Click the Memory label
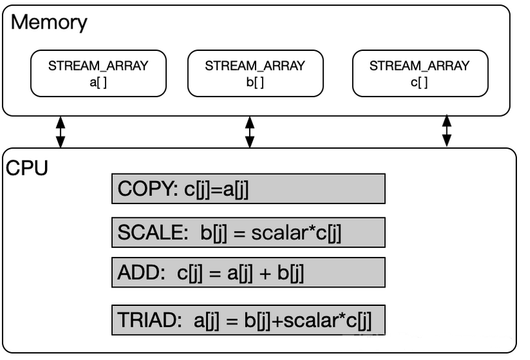50,22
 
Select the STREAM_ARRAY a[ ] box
98,73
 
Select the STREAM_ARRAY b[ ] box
255,73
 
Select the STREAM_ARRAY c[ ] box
419,73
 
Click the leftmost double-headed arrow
61,132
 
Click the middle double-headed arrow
250,132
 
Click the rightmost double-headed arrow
447,130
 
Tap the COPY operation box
248,188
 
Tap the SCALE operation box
248,233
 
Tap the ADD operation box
248,273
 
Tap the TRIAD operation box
248,320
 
